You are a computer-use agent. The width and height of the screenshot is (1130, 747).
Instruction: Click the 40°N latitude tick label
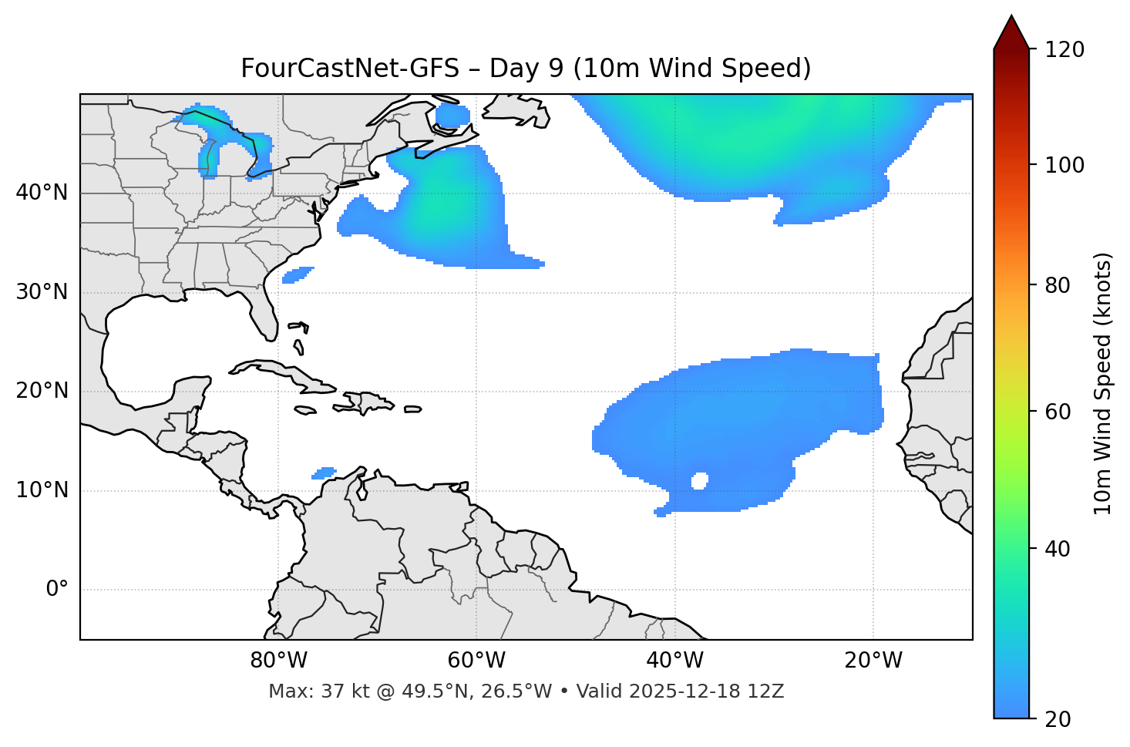click(42, 193)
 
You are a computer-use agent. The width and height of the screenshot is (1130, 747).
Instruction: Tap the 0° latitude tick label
click(57, 590)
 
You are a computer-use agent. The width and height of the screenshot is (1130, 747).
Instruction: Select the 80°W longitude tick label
click(278, 660)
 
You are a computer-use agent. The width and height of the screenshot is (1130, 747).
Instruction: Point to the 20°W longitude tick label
click(873, 660)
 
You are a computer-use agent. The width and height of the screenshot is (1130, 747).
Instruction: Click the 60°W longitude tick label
click(476, 660)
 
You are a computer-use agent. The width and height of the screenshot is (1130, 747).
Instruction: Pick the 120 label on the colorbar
click(1064, 49)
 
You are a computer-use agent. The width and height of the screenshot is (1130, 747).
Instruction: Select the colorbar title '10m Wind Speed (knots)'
click(1103, 383)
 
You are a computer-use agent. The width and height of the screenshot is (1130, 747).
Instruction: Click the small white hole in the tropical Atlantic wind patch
click(699, 481)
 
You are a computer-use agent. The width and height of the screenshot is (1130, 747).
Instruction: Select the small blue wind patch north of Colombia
click(325, 473)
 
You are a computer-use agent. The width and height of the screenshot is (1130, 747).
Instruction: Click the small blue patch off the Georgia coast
click(298, 274)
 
